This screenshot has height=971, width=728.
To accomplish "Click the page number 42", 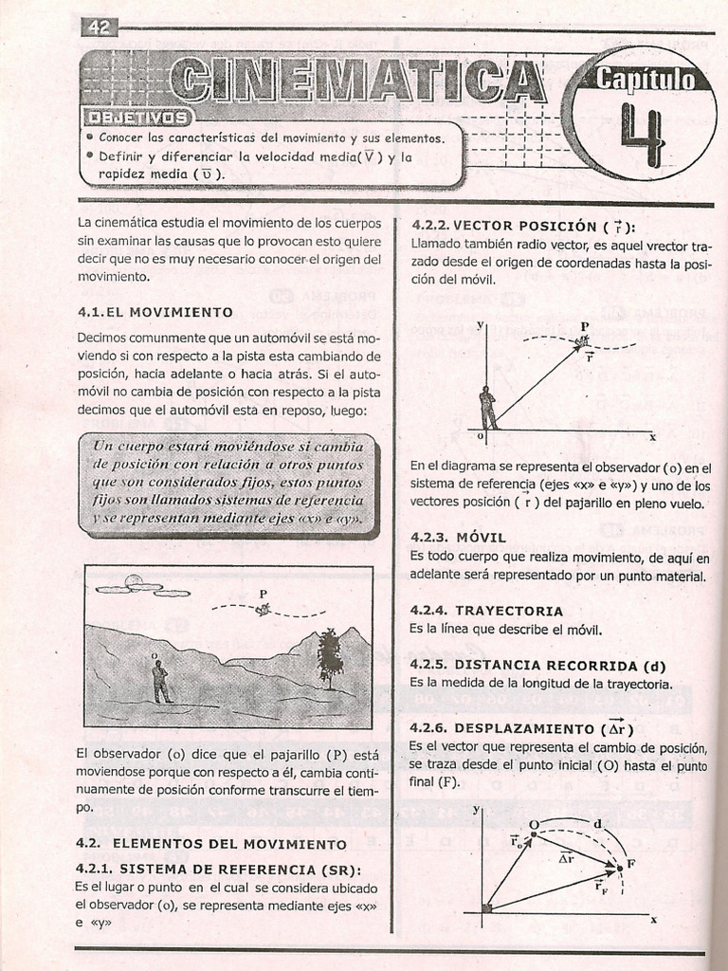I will point(100,27).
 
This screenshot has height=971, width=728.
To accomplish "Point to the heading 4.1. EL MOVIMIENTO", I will point(155,311).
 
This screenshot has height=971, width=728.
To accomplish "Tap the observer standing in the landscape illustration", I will point(160,681).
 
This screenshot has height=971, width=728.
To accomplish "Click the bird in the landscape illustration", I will point(263,610).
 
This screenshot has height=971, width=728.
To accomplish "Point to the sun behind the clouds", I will point(134,581).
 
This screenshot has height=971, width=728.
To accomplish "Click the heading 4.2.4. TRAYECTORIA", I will point(486,611).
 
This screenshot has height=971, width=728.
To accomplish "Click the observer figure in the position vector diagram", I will point(487,408).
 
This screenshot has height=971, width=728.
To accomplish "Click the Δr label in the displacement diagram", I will point(566,856).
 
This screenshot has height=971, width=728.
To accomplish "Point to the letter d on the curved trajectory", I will point(597,824).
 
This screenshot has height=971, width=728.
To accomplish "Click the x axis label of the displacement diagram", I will point(653,919).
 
